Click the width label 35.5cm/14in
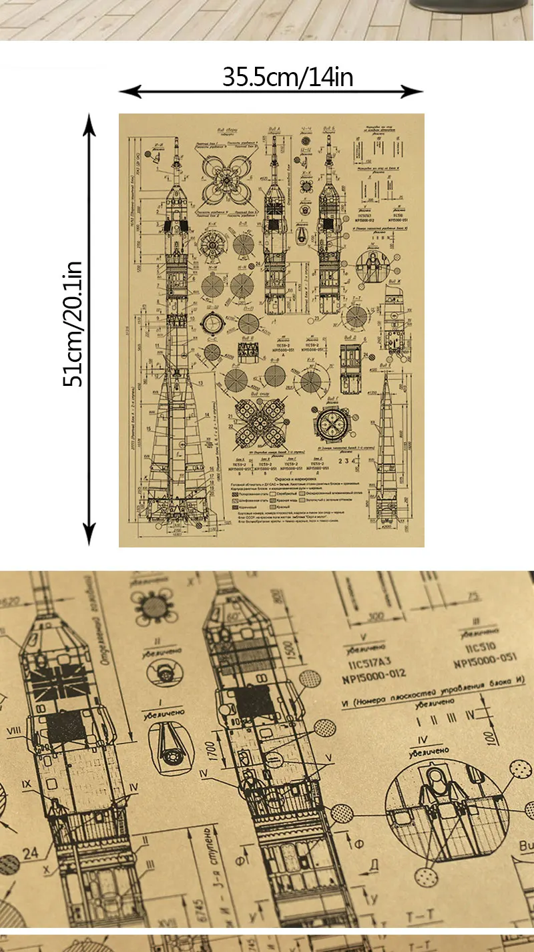pyautogui.click(x=288, y=78)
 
